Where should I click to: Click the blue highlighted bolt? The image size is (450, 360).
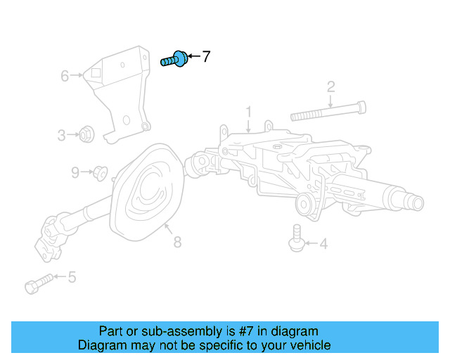(174, 60)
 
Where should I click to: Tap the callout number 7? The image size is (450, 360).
(206, 57)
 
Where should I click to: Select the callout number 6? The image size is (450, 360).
(65, 75)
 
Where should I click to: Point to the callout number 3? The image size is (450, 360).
(62, 134)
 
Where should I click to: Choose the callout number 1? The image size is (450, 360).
(248, 111)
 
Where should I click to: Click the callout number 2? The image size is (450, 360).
(330, 86)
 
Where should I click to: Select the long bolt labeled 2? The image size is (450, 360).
(328, 110)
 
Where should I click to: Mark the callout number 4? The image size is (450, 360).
(323, 245)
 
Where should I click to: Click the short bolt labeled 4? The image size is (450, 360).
(296, 237)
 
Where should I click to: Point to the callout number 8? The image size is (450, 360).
(177, 243)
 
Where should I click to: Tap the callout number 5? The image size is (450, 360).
(72, 278)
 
